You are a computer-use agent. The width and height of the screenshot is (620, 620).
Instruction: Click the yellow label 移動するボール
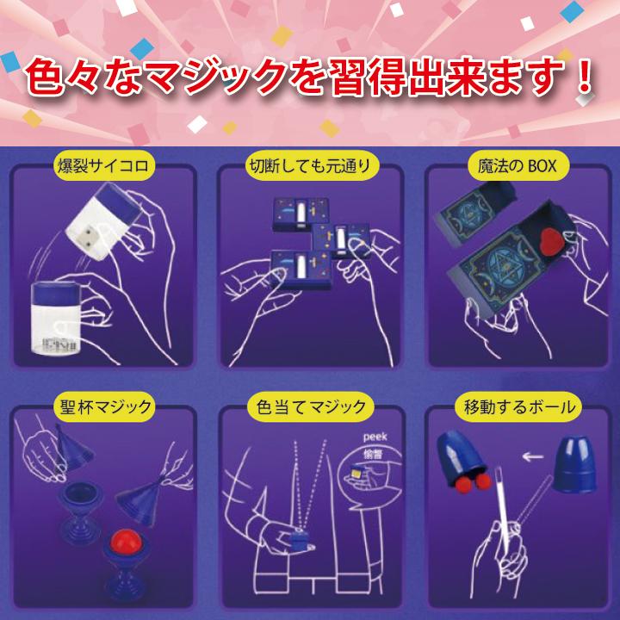tap(514, 405)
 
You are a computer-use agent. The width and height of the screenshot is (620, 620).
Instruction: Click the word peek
tap(376, 437)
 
